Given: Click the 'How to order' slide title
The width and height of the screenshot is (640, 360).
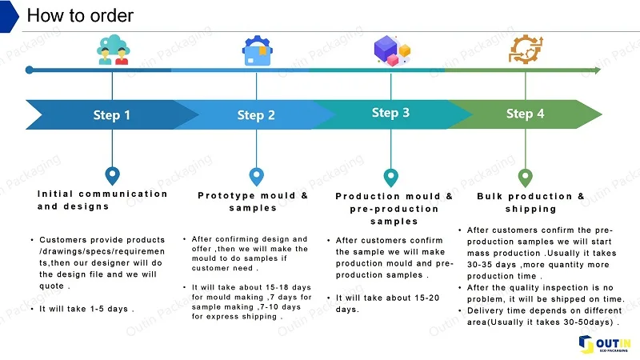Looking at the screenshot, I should click(x=80, y=15).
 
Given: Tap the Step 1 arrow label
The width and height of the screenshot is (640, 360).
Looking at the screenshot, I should click(x=112, y=115).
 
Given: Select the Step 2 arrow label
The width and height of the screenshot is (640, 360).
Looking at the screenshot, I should click(x=256, y=115).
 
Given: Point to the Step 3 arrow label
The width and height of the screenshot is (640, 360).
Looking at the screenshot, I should click(x=390, y=113).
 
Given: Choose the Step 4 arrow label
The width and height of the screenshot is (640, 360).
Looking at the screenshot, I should click(x=525, y=114).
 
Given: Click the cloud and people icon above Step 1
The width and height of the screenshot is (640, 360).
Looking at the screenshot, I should click(x=112, y=50).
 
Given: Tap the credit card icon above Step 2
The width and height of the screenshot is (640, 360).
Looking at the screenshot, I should click(x=256, y=51).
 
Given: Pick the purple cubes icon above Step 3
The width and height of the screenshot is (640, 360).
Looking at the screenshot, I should click(x=391, y=50).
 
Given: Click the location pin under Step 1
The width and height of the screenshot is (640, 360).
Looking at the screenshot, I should click(x=112, y=175).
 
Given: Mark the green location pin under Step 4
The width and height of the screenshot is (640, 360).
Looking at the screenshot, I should click(x=525, y=176).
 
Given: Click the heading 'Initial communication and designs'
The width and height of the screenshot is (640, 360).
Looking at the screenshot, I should click(x=102, y=200).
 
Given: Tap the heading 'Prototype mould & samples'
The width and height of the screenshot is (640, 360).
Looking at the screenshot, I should click(x=253, y=202).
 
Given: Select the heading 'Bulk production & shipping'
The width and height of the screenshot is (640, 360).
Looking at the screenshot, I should click(x=530, y=202).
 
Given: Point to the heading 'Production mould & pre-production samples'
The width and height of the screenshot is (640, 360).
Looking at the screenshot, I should click(x=394, y=208).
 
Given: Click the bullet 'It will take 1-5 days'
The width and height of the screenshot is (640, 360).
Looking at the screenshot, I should click(x=86, y=308).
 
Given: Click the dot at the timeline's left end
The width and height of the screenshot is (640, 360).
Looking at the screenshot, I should click(x=30, y=70).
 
